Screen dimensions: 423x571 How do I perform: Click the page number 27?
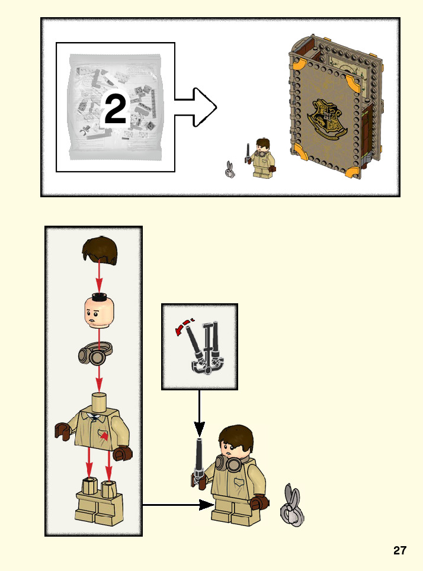[400, 550]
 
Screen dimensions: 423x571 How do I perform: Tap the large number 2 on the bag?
[116, 108]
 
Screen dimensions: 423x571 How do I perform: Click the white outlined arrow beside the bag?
[196, 107]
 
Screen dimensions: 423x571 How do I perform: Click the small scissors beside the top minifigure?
[229, 169]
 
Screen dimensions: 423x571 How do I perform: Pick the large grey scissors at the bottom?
[292, 505]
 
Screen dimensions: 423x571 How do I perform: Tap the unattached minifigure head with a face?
[99, 312]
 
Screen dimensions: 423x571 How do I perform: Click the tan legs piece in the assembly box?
[99, 502]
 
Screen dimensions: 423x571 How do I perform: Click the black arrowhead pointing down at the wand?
[199, 429]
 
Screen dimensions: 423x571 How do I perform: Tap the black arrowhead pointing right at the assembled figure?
[207, 505]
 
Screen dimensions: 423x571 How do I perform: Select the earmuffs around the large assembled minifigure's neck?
[229, 463]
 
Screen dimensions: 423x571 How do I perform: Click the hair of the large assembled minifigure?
[236, 438]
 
